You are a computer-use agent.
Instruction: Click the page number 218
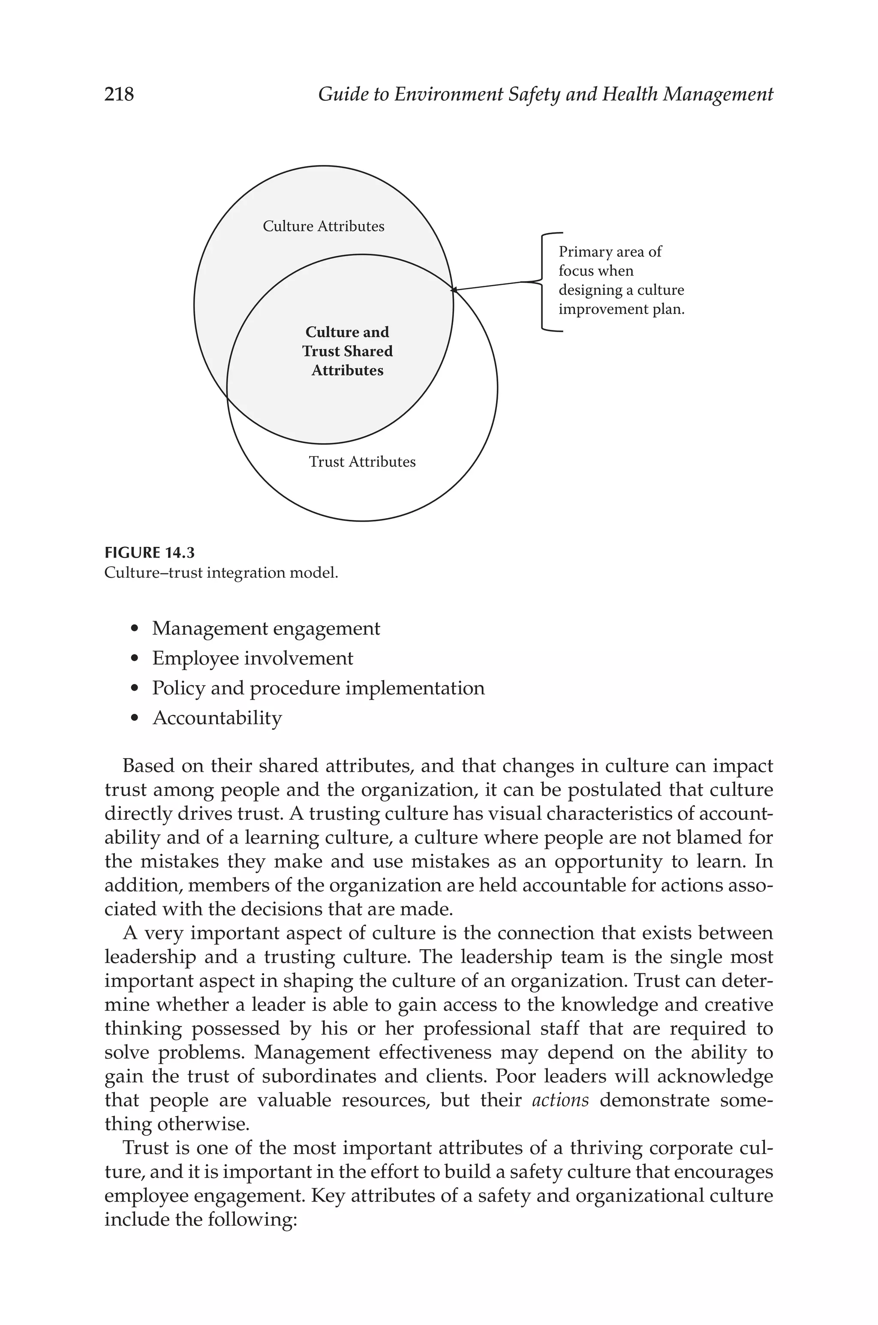click(x=119, y=94)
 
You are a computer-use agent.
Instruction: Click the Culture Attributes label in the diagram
click(x=323, y=227)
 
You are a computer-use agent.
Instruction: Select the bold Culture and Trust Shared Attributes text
click(x=347, y=351)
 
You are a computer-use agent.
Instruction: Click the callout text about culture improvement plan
click(x=620, y=281)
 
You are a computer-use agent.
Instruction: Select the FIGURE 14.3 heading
click(x=150, y=553)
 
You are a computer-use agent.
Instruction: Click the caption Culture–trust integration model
click(x=221, y=573)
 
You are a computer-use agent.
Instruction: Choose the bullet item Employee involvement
click(x=253, y=659)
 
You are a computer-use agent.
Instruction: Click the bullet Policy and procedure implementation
click(x=318, y=688)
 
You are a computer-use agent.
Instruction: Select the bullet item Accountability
click(x=217, y=718)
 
